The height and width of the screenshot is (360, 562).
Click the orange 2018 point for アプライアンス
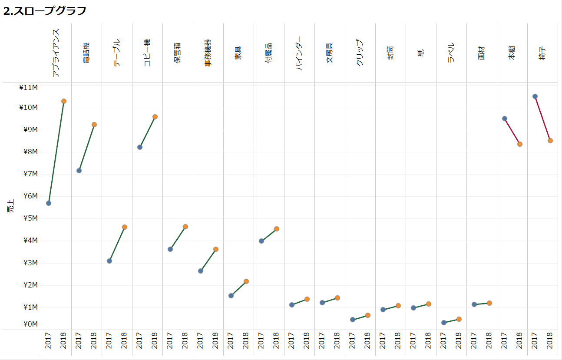click(x=64, y=101)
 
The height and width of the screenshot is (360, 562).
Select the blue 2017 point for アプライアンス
click(x=49, y=203)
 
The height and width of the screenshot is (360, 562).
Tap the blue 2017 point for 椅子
click(x=535, y=96)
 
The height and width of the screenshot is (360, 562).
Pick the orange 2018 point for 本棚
click(x=520, y=144)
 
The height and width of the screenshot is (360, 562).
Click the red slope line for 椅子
click(x=542, y=119)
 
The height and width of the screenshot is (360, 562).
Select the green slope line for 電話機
click(x=86, y=148)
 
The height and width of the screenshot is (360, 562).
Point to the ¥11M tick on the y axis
click(x=29, y=87)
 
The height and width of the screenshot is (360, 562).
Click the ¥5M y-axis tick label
click(x=29, y=218)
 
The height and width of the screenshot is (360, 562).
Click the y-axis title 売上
click(x=10, y=205)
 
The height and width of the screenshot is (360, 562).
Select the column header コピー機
click(x=147, y=53)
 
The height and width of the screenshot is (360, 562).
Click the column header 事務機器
click(x=208, y=53)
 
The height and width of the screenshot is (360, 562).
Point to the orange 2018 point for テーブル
click(x=125, y=227)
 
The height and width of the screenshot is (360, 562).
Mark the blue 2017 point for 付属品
click(x=261, y=241)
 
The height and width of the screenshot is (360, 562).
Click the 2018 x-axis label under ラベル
click(x=459, y=341)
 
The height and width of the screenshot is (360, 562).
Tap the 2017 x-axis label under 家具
click(x=231, y=341)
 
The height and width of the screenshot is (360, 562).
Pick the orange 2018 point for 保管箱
click(x=185, y=227)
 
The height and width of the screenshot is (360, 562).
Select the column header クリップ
click(x=360, y=53)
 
